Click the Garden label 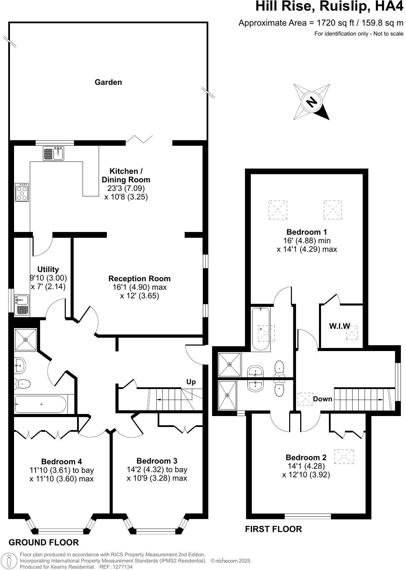pos(108,82)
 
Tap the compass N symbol pos(311,102)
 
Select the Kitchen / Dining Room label pos(126,175)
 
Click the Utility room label pos(48,269)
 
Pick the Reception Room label pos(139,278)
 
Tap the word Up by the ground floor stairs pos(191,382)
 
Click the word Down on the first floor pos(323,399)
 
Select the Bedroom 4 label pos(62,462)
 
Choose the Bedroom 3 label pos(157,461)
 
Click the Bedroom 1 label pos(307,232)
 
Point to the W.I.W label pos(340,326)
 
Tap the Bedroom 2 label pos(306,457)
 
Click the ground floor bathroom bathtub pos(40,404)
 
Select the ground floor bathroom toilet pos(23,384)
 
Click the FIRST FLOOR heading pos(273,529)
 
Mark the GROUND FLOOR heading pos(44,542)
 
